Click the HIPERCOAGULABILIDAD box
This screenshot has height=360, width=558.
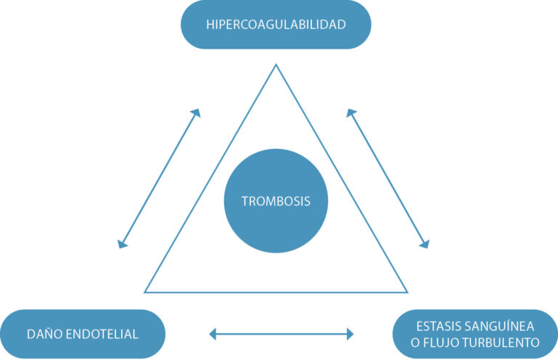pyautogui.click(x=276, y=25)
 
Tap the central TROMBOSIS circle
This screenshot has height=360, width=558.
pyautogui.click(x=276, y=200)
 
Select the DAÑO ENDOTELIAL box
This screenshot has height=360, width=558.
pyautogui.click(x=83, y=334)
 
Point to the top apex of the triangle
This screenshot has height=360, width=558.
pyautogui.click(x=276, y=65)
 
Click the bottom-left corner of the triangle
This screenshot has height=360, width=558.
pyautogui.click(x=145, y=292)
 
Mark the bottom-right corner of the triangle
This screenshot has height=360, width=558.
pyautogui.click(x=407, y=292)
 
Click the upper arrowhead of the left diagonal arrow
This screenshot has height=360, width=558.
pyautogui.click(x=197, y=112)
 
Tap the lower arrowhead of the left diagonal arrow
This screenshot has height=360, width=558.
pyautogui.click(x=122, y=245)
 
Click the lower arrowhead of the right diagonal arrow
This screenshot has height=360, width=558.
pyautogui.click(x=426, y=245)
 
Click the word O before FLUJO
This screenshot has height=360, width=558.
pyautogui.click(x=415, y=343)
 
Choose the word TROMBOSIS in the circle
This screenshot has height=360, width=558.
pyautogui.click(x=276, y=201)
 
